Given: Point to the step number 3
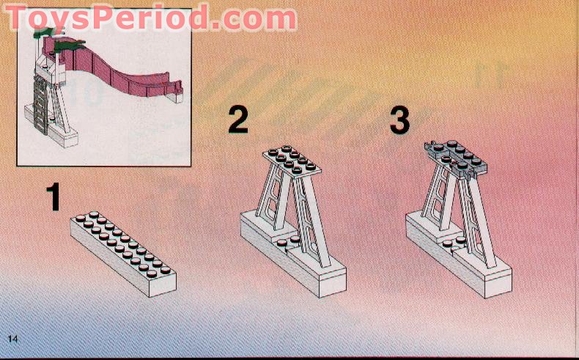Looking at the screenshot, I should click(399, 120).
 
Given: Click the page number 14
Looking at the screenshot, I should click(13, 338).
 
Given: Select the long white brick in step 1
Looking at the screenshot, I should click(122, 253).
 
